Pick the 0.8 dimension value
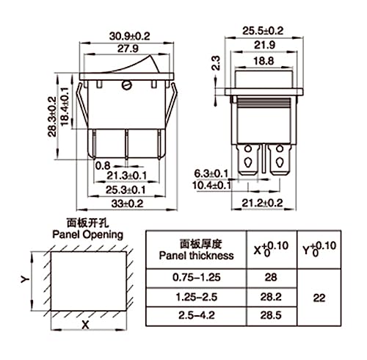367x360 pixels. [x=105, y=165]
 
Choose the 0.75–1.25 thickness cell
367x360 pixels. [x=197, y=278]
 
